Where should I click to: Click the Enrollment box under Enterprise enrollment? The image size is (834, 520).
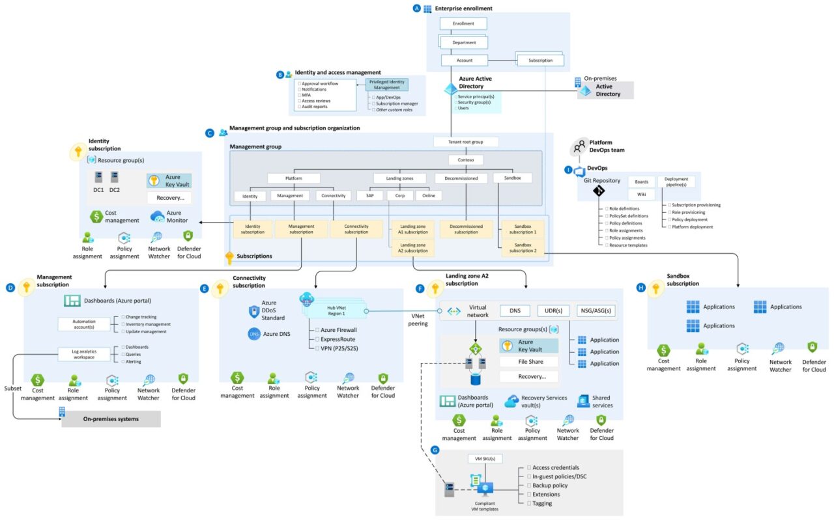coord(463,23)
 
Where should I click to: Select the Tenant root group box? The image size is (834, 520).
coord(466,142)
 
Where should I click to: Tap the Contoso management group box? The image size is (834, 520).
coord(466,159)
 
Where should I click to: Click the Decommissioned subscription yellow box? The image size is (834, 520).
coord(466,228)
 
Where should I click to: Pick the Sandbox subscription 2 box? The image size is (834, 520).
coord(523,247)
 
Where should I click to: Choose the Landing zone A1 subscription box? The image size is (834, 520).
coord(413,228)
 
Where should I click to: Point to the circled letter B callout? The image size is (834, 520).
coord(280,75)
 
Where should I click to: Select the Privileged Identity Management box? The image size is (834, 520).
coord(387,85)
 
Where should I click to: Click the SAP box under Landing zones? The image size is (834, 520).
coord(369,195)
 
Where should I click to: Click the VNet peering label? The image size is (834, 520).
coord(418,320)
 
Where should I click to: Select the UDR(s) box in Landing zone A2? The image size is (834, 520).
coord(553,311)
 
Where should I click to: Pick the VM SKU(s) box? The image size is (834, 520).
coord(485,459)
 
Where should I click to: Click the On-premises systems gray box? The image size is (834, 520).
coord(111,419)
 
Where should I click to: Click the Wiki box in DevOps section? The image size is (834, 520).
coord(641,195)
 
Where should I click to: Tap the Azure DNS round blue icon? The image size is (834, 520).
coord(254,334)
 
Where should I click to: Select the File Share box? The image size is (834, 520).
coord(529,361)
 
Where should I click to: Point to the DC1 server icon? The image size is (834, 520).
coord(99,177)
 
